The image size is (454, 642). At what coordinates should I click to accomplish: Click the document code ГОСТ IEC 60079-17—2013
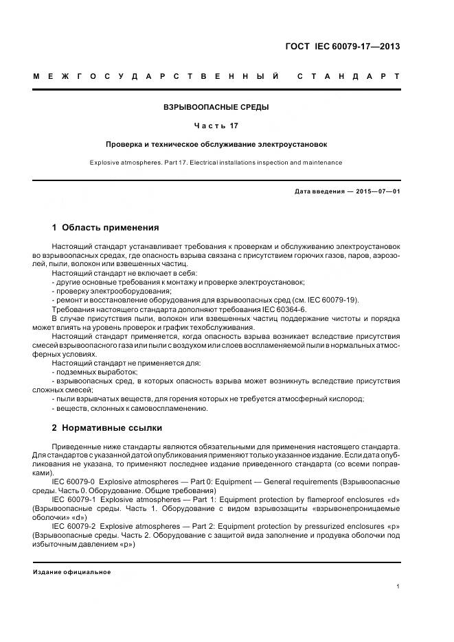coord(342,47)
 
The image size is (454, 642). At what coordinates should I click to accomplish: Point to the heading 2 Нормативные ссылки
coord(107,427)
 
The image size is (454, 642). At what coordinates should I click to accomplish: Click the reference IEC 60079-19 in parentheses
coord(332,300)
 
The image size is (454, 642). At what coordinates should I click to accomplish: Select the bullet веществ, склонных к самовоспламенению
coord(131,408)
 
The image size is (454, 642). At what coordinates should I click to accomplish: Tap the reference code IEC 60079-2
coord(73,527)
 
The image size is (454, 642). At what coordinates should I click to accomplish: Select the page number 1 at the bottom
coord(398,586)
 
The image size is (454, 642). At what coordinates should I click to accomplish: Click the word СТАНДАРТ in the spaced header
coord(348,75)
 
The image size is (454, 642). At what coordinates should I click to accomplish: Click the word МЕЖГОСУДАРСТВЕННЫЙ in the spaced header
coord(156,75)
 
